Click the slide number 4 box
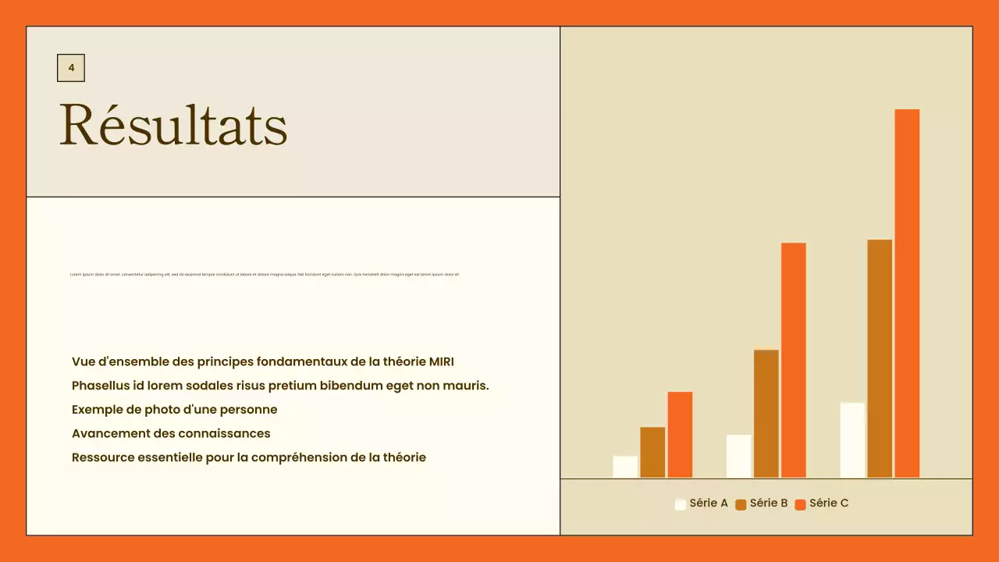[71, 68]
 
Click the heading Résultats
[173, 125]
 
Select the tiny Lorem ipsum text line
[265, 275]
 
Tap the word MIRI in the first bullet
[441, 361]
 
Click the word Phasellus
[100, 386]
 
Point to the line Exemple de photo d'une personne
[174, 410]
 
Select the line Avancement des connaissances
[171, 433]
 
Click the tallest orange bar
[907, 293]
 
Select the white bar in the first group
[625, 467]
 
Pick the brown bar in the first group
[652, 452]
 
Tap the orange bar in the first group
[680, 434]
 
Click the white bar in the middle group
[738, 456]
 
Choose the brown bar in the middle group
[766, 414]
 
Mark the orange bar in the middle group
[794, 360]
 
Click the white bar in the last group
[852, 439]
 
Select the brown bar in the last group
[880, 358]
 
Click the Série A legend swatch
[681, 504]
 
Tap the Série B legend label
[769, 503]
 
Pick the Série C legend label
[829, 503]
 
